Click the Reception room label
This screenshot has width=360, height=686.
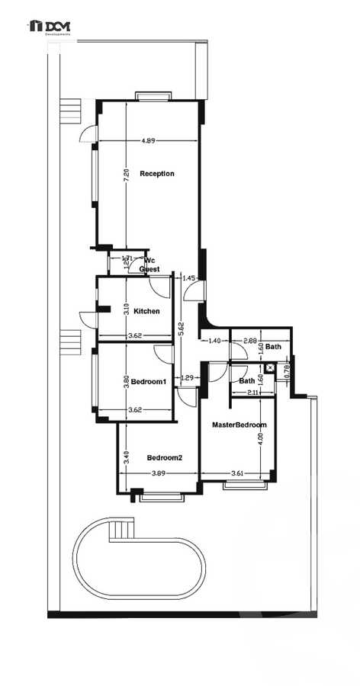156,174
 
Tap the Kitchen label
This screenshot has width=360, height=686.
146,312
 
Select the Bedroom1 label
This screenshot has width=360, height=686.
149,381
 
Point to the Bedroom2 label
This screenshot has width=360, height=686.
165,457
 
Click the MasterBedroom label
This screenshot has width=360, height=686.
239,425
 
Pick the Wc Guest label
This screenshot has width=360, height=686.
149,264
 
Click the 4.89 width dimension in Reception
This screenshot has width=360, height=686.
149,141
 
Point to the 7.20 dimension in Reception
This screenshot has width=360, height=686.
126,174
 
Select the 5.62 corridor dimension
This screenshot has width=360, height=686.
181,329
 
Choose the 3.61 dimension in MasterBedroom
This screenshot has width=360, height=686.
237,473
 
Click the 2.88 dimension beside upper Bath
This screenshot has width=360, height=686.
249,341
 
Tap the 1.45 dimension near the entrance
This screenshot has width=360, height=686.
190,278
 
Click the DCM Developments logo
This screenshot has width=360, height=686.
50,28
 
